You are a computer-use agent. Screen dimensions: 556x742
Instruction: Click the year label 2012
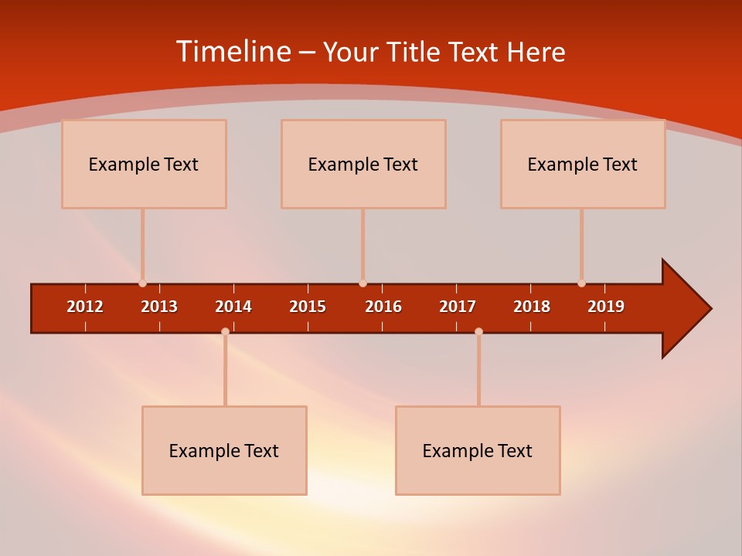click(85, 307)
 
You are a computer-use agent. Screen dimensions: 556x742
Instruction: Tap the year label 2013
click(159, 307)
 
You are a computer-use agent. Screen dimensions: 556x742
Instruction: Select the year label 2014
click(233, 307)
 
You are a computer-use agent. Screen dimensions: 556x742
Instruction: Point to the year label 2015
click(308, 307)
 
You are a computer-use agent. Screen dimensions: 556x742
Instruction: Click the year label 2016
click(383, 307)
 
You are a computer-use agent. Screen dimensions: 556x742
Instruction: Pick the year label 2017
click(458, 307)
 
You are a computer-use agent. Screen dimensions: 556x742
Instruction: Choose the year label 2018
click(532, 307)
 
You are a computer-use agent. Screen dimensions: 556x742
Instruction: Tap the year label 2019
click(606, 307)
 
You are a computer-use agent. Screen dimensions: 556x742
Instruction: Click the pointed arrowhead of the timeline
click(688, 308)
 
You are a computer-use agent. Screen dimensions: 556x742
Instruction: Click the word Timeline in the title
click(232, 52)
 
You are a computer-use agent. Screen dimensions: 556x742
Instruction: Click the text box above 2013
click(144, 164)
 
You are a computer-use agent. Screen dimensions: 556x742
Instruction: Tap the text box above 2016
click(363, 164)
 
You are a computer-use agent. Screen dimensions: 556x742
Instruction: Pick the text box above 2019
click(583, 164)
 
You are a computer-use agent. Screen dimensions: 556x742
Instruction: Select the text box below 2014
click(224, 450)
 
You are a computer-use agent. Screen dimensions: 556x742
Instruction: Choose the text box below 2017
click(478, 450)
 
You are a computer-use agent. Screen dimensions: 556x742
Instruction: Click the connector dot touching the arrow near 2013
click(142, 283)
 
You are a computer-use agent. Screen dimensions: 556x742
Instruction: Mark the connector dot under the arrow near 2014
click(225, 332)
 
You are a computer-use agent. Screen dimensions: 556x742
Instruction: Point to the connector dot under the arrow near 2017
click(478, 332)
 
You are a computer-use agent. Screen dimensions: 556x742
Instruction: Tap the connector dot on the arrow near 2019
click(581, 283)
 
